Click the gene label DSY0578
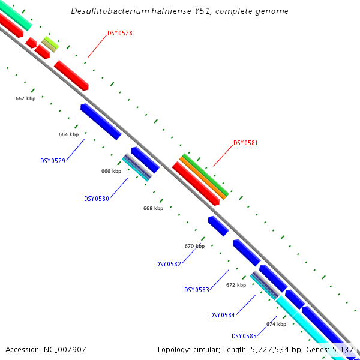120,34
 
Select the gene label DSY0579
53,161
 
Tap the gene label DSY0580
97,199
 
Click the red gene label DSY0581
245,143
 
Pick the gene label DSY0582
169,264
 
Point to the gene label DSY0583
197,290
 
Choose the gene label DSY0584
223,315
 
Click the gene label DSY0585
244,336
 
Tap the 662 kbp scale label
25,98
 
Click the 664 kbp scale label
68,135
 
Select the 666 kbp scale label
111,171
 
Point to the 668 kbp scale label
153,208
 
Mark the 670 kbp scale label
194,246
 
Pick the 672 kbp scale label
236,285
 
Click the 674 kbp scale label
276,324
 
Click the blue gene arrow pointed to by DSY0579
101,121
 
